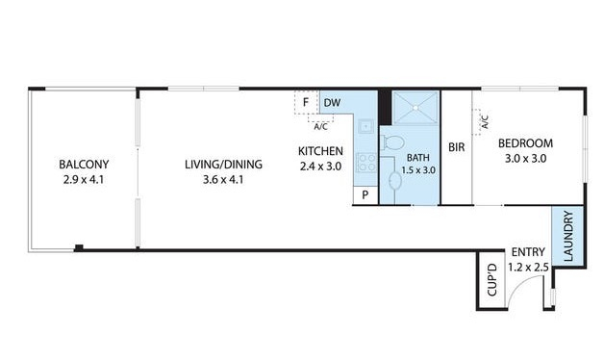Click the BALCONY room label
click(x=84, y=165)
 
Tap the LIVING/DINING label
click(x=223, y=165)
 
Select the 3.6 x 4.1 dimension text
click(x=223, y=180)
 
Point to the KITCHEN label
click(x=320, y=151)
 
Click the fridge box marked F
click(x=306, y=103)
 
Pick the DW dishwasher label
click(x=332, y=103)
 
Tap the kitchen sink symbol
click(x=365, y=126)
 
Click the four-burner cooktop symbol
click(x=366, y=163)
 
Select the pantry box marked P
click(x=365, y=195)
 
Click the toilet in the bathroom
click(x=391, y=143)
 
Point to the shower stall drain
click(x=415, y=109)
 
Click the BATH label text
click(x=418, y=158)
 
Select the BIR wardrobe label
click(x=457, y=147)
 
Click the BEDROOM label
click(x=525, y=143)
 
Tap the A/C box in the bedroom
click(x=481, y=122)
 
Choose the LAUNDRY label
click(x=568, y=236)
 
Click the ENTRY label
click(x=528, y=252)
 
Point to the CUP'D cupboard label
click(x=491, y=280)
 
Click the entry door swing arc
click(x=519, y=282)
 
